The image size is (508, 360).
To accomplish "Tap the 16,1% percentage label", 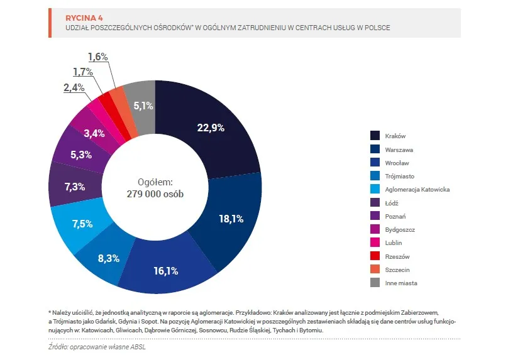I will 166,271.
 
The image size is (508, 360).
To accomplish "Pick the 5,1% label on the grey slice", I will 144,106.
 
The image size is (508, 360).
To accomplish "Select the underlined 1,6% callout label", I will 98,57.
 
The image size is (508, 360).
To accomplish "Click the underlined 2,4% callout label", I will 74,87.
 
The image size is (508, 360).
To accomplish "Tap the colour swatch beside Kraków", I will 375,136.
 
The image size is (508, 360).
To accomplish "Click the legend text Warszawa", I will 399,150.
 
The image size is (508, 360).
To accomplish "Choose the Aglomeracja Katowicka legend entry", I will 417,189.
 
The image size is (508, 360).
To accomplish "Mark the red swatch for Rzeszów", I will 375,256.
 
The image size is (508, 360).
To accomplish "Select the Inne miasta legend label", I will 401,283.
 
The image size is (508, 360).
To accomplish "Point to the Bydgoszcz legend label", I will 400,229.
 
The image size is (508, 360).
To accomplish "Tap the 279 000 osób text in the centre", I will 155,194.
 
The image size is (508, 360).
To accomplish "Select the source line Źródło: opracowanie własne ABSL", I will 101,347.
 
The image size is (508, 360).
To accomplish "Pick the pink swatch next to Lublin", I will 375,243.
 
